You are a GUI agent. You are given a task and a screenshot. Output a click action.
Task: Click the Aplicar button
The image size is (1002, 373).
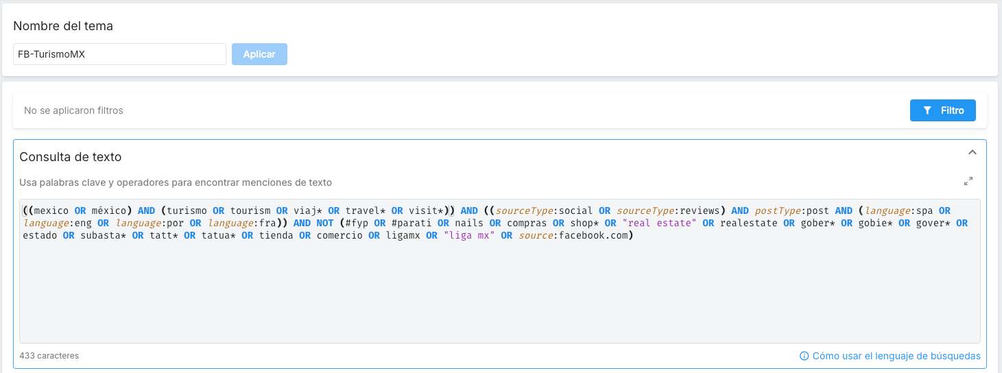pyautogui.click(x=259, y=54)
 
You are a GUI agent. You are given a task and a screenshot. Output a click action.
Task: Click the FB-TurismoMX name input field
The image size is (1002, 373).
pyautogui.click(x=119, y=54)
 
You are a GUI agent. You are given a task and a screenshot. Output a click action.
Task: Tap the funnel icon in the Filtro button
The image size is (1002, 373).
pyautogui.click(x=927, y=110)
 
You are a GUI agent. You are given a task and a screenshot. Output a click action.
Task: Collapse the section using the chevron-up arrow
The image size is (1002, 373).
pyautogui.click(x=973, y=152)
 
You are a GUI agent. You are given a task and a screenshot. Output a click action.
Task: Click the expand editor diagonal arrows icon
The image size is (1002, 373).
pyautogui.click(x=968, y=181)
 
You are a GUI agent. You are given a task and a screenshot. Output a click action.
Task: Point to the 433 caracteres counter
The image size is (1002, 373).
pyautogui.click(x=49, y=356)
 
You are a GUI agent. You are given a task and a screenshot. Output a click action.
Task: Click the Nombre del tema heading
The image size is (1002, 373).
pyautogui.click(x=63, y=26)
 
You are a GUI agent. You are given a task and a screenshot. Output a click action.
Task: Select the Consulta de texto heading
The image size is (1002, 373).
pyautogui.click(x=70, y=157)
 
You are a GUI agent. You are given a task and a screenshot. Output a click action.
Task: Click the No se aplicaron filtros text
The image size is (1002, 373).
pyautogui.click(x=73, y=110)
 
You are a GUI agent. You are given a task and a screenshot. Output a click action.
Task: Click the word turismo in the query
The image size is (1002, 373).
pyautogui.click(x=187, y=210)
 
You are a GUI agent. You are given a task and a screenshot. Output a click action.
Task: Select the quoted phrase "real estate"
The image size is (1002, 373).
pyautogui.click(x=659, y=223)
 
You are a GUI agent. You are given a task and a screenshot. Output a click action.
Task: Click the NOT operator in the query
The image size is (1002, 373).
pyautogui.click(x=325, y=223)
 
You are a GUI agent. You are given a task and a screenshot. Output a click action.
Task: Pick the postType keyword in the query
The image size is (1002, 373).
pyautogui.click(x=778, y=210)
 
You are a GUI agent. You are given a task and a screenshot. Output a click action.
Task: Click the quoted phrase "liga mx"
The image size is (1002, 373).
pyautogui.click(x=469, y=236)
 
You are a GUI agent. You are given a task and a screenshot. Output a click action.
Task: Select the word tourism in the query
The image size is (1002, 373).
pyautogui.click(x=250, y=210)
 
